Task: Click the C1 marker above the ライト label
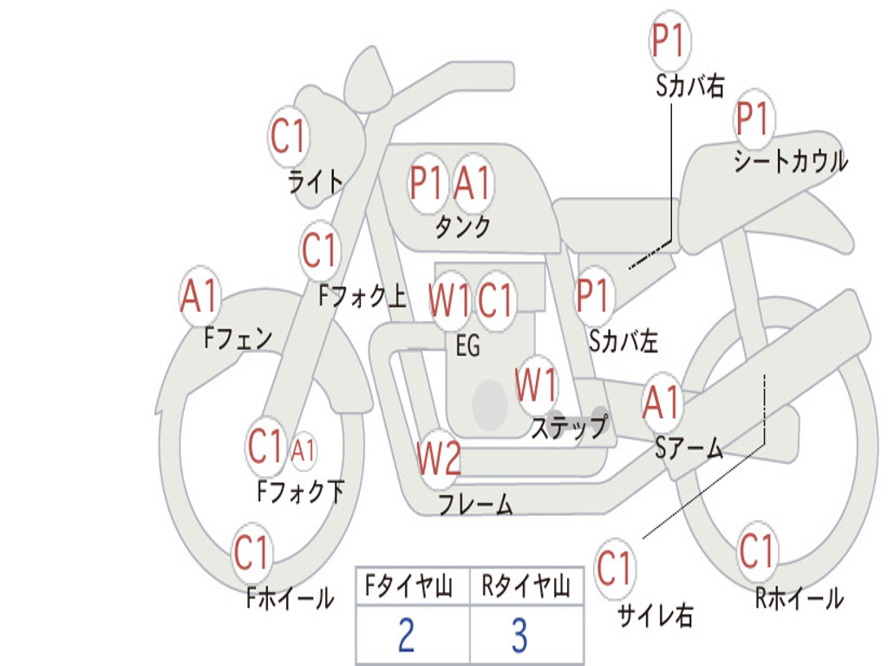coord(289,136)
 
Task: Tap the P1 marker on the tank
coord(426,183)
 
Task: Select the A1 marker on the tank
coord(473,183)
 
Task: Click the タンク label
coord(462,227)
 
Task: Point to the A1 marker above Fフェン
coord(199,296)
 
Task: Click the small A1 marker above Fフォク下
coord(303,451)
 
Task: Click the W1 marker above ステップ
coord(536,385)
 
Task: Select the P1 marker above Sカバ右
coord(669,40)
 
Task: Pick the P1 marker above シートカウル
coord(753,118)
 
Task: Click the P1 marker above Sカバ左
coord(593,296)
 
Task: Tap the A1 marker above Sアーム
coord(661,402)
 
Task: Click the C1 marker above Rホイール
coord(756,551)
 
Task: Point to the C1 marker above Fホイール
coord(251,552)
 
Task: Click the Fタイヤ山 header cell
coord(413,585)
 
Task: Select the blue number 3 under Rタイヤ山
coord(520,634)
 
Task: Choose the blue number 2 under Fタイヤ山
coord(407,634)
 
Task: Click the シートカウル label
coord(791,160)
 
